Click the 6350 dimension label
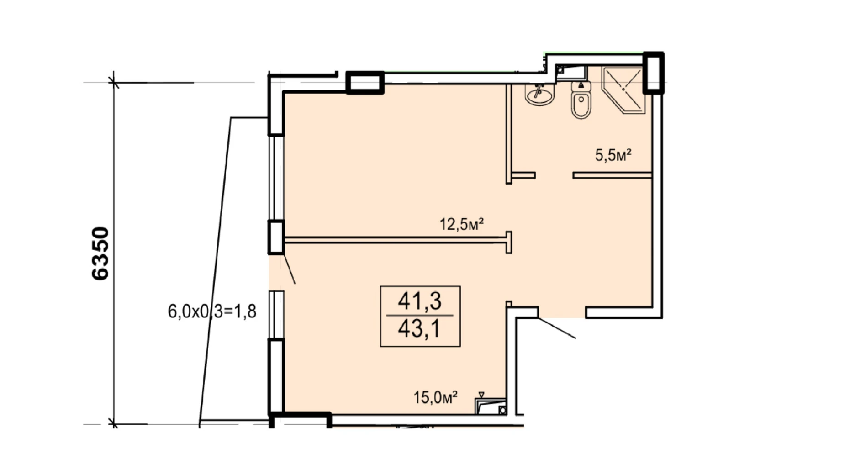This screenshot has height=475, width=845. pyautogui.click(x=100, y=253)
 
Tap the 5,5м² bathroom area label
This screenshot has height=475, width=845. pyautogui.click(x=613, y=155)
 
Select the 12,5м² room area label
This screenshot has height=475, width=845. pyautogui.click(x=461, y=224)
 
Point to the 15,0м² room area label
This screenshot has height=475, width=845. pyautogui.click(x=436, y=397)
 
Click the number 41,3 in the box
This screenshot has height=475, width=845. pyautogui.click(x=420, y=301)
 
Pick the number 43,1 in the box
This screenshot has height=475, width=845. pyautogui.click(x=420, y=328)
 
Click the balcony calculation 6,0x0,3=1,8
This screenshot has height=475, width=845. pyautogui.click(x=212, y=311)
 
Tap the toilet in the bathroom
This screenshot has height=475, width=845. pyautogui.click(x=581, y=100)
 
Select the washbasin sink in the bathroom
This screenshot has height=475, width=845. pyautogui.click(x=539, y=95)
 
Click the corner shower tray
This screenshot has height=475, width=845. pyautogui.click(x=623, y=90)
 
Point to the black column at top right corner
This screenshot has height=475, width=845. pyautogui.click(x=653, y=73)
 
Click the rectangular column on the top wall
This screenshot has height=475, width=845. pyautogui.click(x=364, y=83)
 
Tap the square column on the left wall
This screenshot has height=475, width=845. pyautogui.click(x=276, y=237)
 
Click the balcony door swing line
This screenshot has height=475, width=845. pyautogui.click(x=290, y=269)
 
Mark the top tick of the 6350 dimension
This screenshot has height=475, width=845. pyautogui.click(x=113, y=83)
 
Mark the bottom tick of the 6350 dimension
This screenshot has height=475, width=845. pyautogui.click(x=113, y=424)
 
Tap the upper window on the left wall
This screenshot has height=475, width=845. pyautogui.click(x=276, y=178)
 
